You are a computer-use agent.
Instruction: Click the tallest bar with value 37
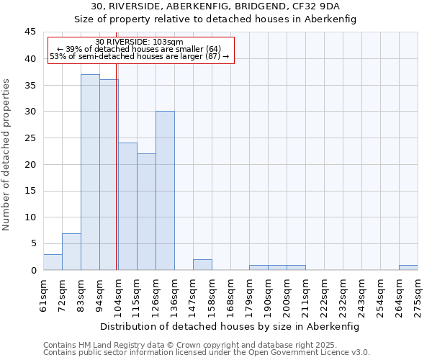90,172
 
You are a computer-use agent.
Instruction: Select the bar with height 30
165,191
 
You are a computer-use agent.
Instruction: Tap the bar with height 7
71,251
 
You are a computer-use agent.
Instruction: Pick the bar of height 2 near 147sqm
202,264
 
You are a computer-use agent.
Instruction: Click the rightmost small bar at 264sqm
408,267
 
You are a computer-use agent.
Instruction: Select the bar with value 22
146,212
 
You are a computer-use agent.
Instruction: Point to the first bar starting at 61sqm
53,262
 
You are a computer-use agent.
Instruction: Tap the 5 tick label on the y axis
33,243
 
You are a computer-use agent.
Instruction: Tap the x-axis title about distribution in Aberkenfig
229,326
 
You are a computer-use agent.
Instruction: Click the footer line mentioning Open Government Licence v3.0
207,353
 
